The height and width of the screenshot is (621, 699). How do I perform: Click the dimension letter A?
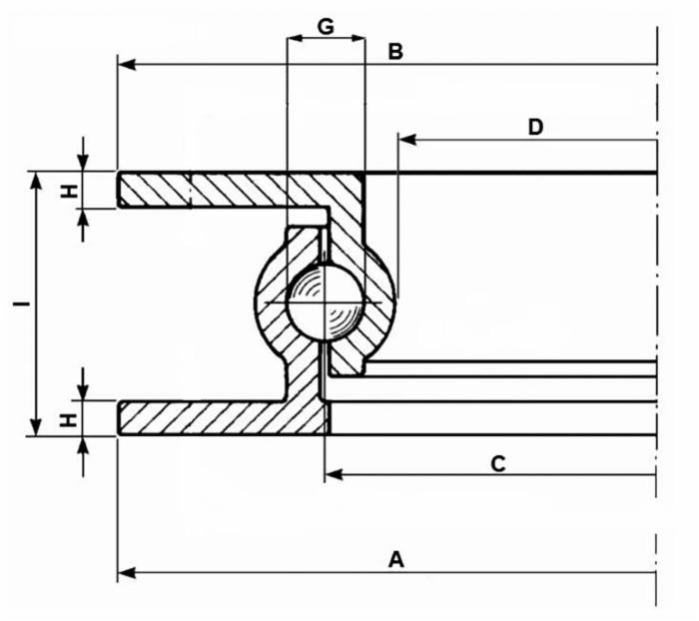click(x=396, y=559)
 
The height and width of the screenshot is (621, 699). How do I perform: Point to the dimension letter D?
click(x=535, y=126)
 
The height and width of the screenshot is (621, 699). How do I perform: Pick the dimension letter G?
click(x=326, y=26)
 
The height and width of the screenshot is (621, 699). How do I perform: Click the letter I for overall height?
click(x=20, y=303)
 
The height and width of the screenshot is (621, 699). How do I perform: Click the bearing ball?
click(x=326, y=302)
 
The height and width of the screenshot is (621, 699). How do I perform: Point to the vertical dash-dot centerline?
click(x=656, y=300)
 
